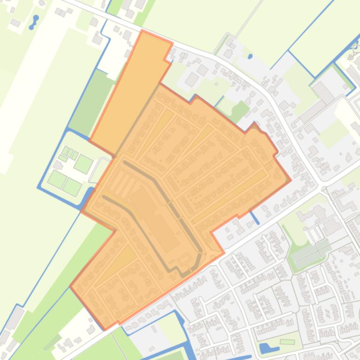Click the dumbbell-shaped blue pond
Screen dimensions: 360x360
point(33,22)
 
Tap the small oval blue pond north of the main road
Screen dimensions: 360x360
point(250,57)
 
